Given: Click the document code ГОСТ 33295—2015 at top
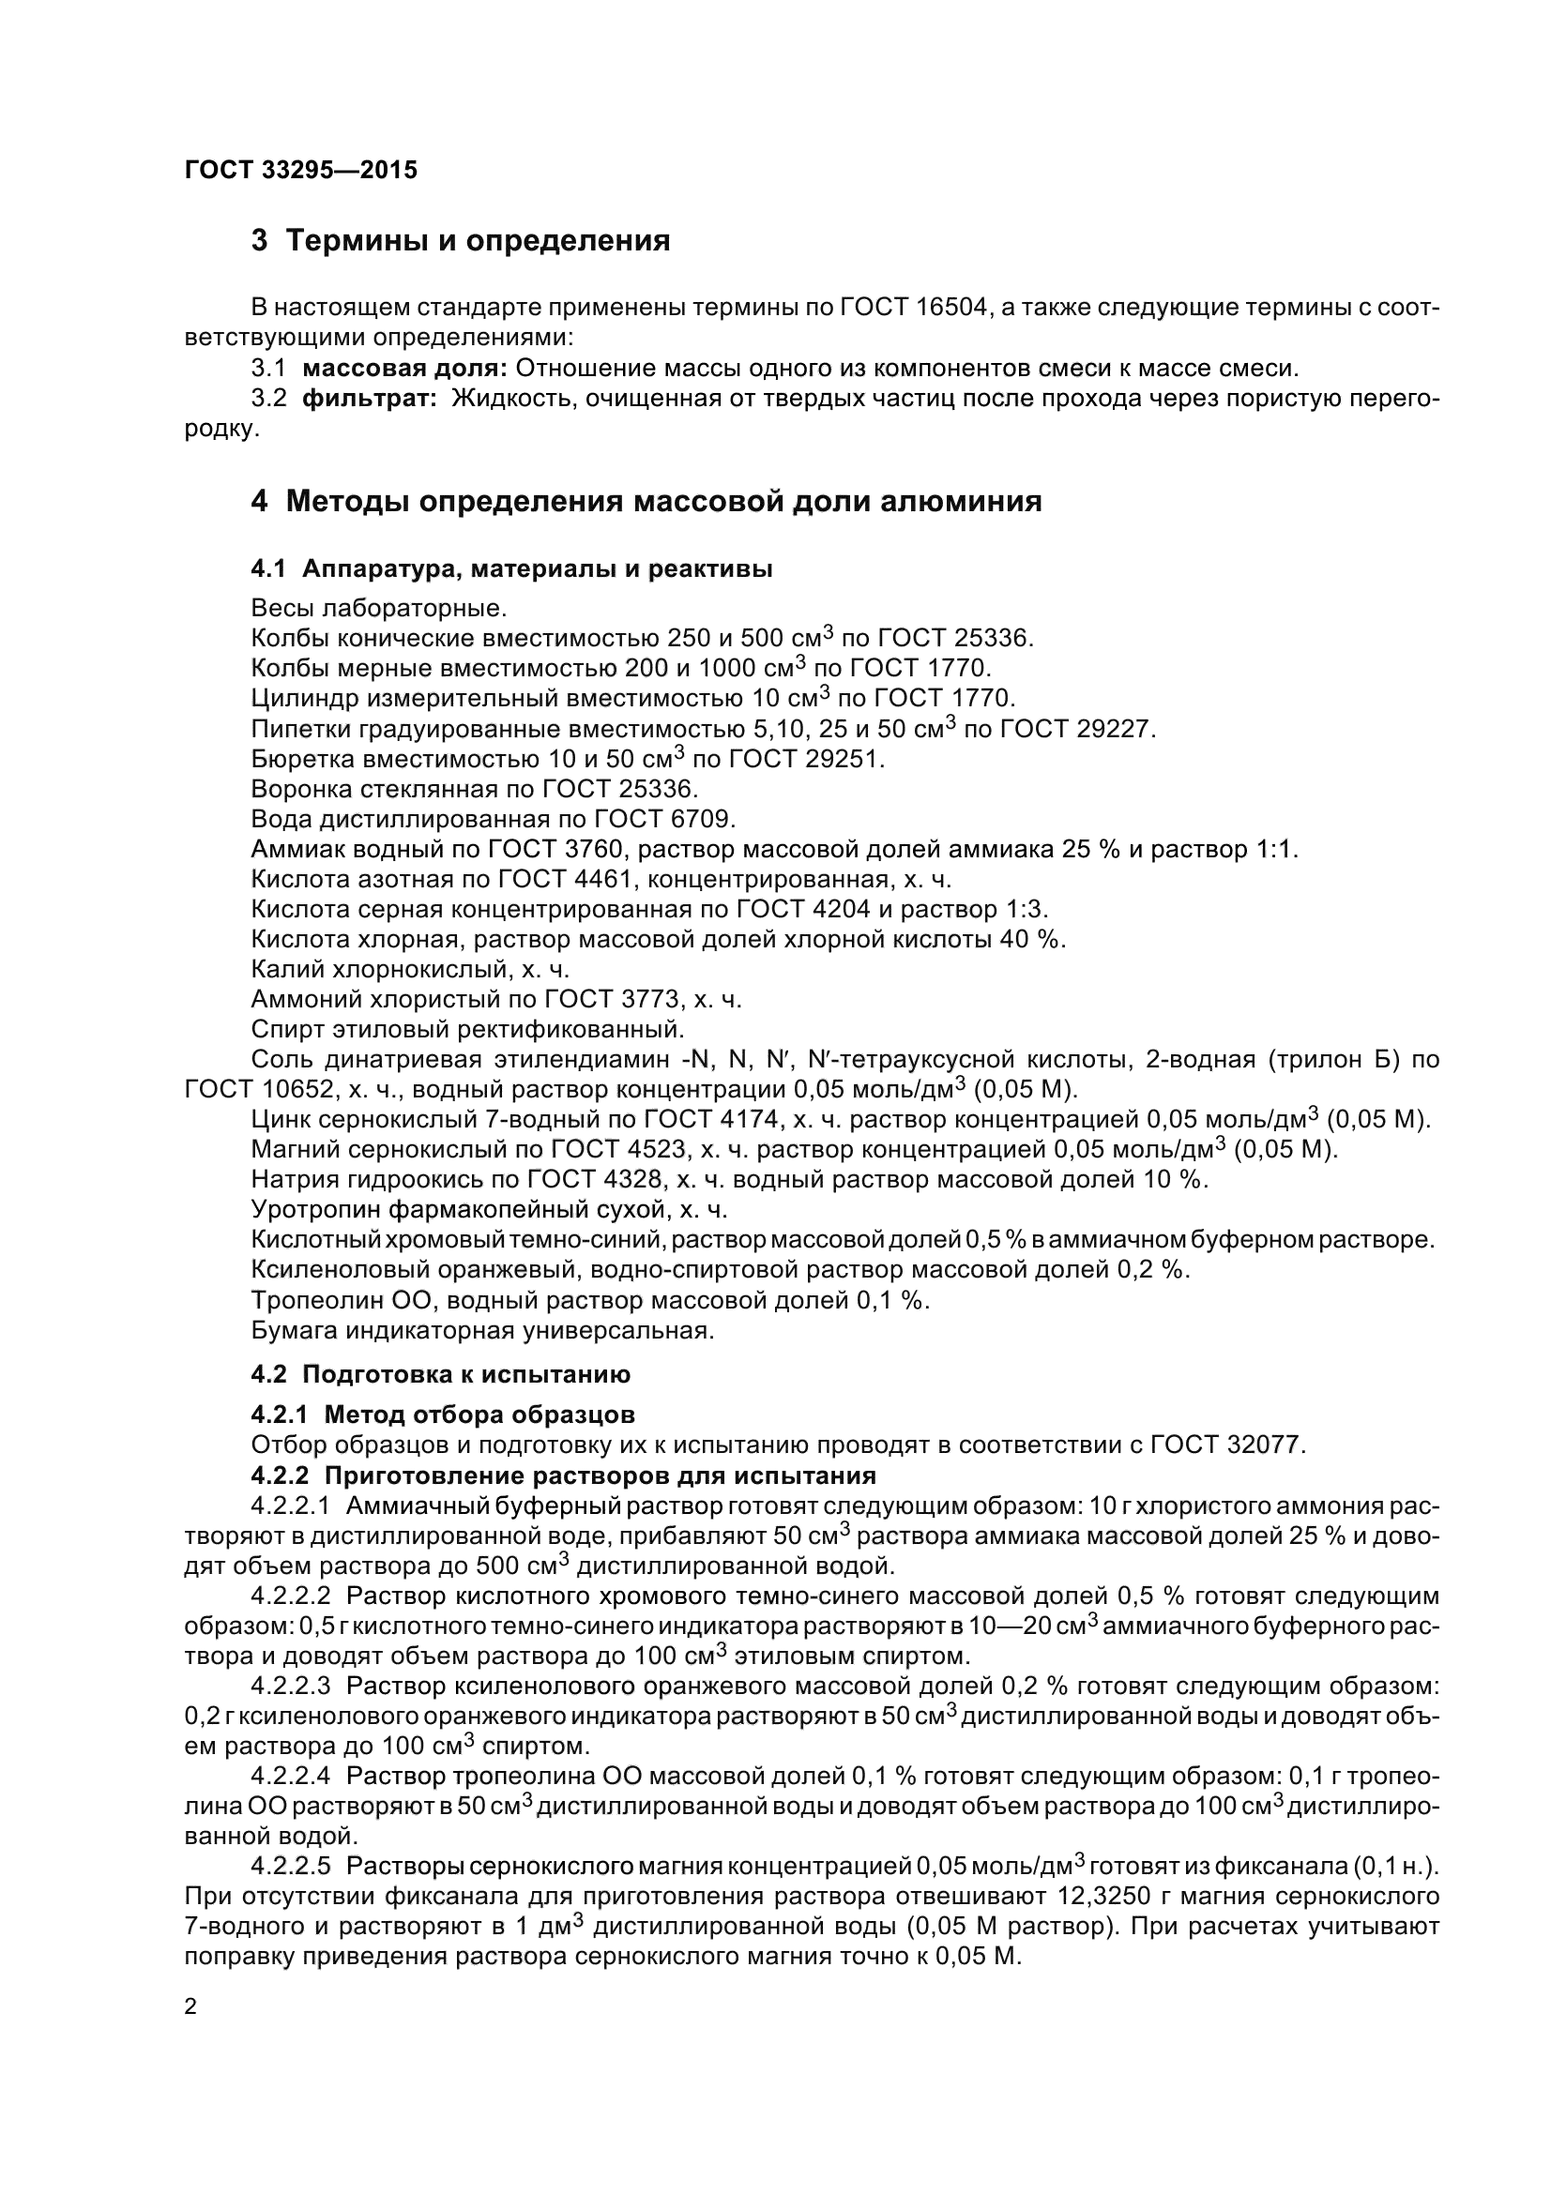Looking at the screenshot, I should tap(301, 170).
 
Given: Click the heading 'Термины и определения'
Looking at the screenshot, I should tap(478, 241).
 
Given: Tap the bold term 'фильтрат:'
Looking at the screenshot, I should tap(369, 399).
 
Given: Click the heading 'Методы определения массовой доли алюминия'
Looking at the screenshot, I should tap(663, 501).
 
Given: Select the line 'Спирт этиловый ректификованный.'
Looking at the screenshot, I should tap(467, 1029).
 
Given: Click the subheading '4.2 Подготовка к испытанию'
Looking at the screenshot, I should tap(441, 1375).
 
